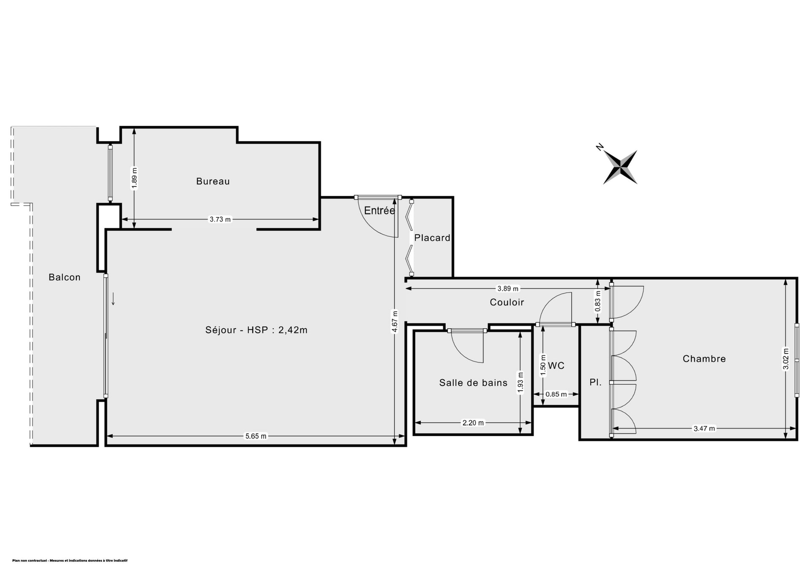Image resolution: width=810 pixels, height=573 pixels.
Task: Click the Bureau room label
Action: pyautogui.click(x=213, y=181)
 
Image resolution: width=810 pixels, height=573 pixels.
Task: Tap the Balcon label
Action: pyautogui.click(x=65, y=277)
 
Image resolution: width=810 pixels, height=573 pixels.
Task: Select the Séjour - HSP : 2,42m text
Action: pyautogui.click(x=256, y=330)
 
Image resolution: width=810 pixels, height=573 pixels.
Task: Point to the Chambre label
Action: pyautogui.click(x=704, y=359)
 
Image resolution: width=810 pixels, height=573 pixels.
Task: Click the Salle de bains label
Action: pyautogui.click(x=473, y=383)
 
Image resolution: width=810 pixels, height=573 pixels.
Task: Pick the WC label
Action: pyautogui.click(x=556, y=366)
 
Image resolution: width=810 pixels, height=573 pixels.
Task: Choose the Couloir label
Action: pyautogui.click(x=507, y=302)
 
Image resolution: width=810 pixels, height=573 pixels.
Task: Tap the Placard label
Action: pyautogui.click(x=432, y=238)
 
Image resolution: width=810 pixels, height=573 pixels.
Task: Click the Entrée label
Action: pyautogui.click(x=380, y=211)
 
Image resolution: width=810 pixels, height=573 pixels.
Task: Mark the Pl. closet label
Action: pyautogui.click(x=595, y=383)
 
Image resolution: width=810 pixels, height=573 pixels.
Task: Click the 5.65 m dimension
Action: pyautogui.click(x=256, y=436)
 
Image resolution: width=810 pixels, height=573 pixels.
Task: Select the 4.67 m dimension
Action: pyautogui.click(x=395, y=322)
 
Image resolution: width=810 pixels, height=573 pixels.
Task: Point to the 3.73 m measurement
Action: pyautogui.click(x=220, y=219)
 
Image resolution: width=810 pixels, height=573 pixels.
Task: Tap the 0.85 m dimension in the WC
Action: pyautogui.click(x=556, y=395)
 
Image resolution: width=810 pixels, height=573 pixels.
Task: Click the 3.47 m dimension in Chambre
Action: pyautogui.click(x=705, y=429)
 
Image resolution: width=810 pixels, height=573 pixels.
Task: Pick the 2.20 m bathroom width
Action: pyautogui.click(x=473, y=423)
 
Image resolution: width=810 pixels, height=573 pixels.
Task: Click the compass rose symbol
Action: pyautogui.click(x=620, y=167)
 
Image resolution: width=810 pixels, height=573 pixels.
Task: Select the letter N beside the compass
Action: pyautogui.click(x=599, y=147)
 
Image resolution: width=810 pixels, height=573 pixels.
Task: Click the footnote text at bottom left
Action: pyautogui.click(x=70, y=561)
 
